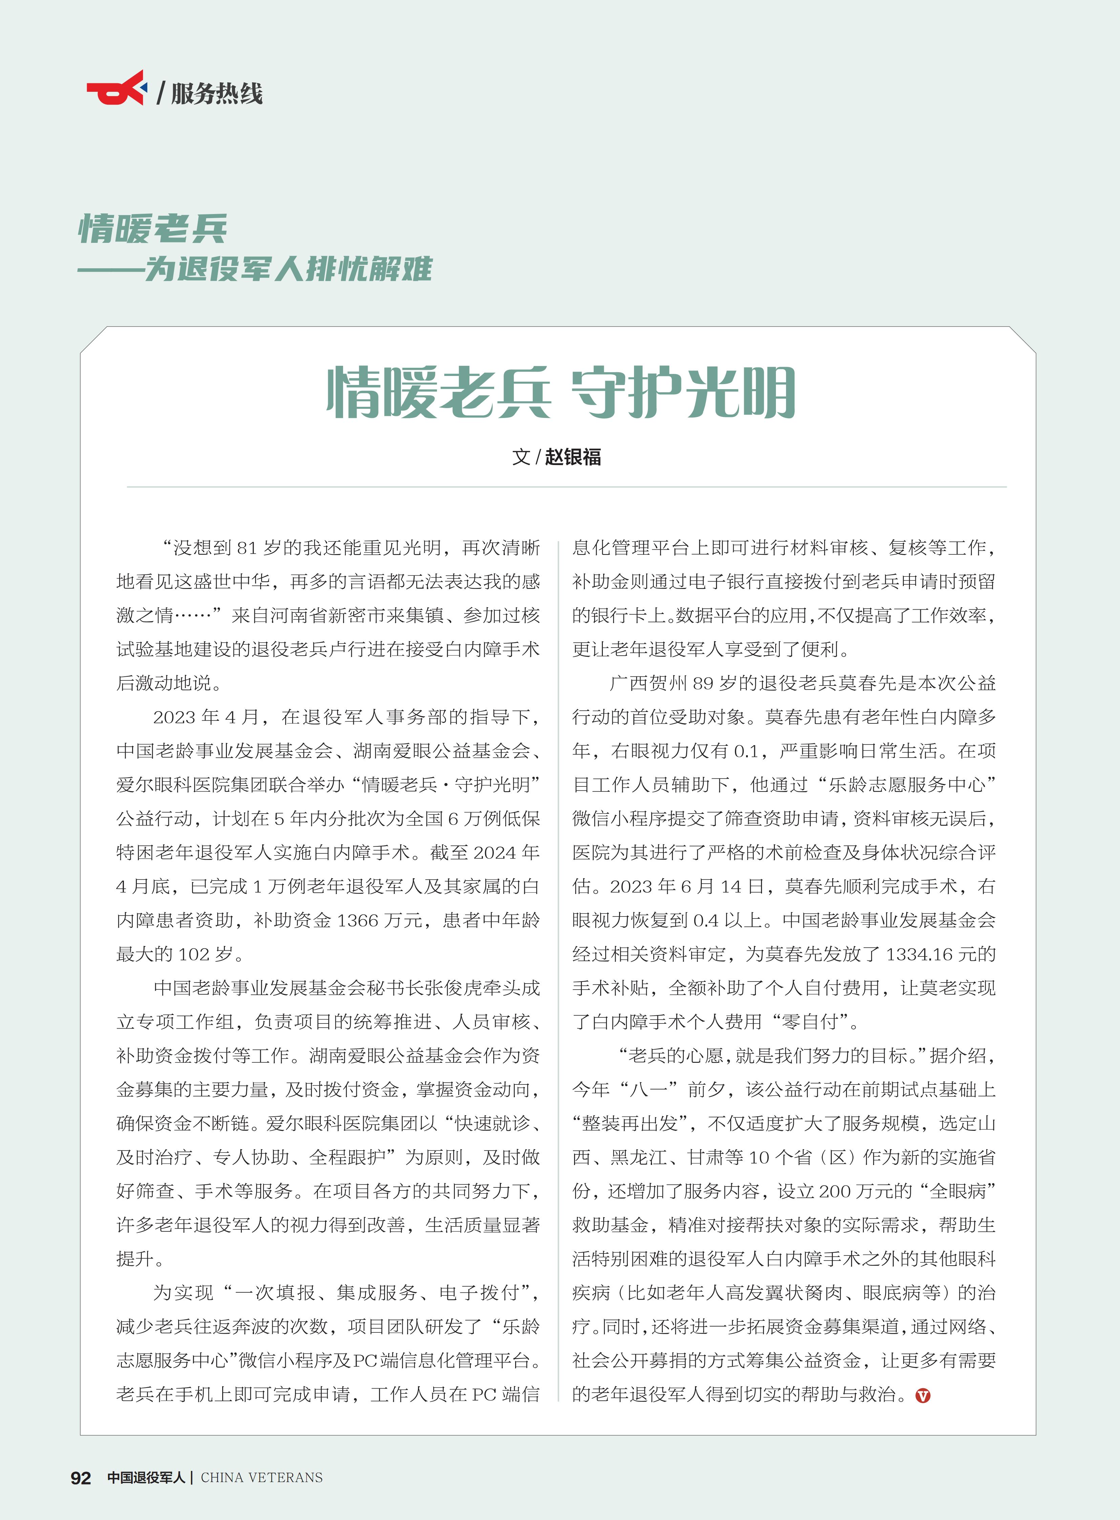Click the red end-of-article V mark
coord(923,1395)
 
